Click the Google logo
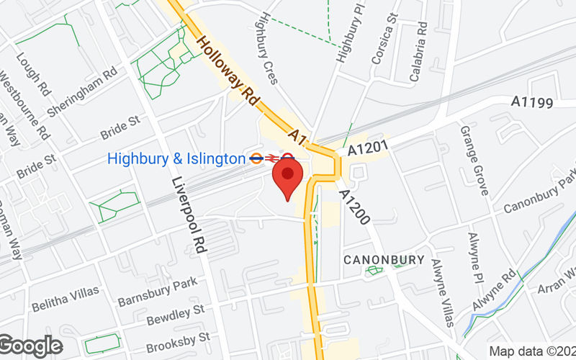(x=31, y=346)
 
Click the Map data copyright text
(x=532, y=351)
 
